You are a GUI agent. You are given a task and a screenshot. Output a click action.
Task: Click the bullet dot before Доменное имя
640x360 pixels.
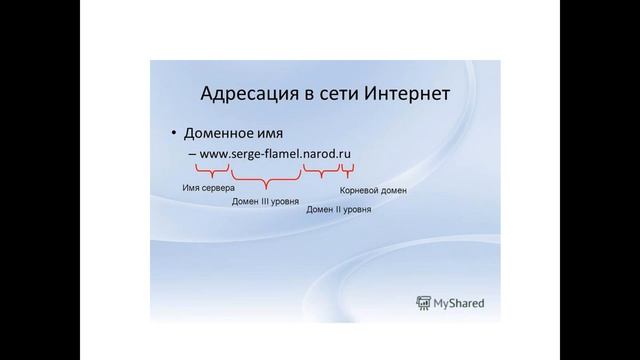(x=172, y=134)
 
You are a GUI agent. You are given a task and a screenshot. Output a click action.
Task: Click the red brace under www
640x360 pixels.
(x=210, y=173)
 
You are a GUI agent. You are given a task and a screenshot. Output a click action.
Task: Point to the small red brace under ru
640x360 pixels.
(x=348, y=172)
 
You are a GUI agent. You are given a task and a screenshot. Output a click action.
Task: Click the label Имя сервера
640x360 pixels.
(x=209, y=187)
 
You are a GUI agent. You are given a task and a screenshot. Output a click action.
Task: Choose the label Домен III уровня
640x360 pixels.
(x=265, y=200)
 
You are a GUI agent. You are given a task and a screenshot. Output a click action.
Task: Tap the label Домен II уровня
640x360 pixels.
(x=339, y=210)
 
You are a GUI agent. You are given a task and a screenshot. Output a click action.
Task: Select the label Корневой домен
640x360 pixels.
(x=373, y=189)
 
